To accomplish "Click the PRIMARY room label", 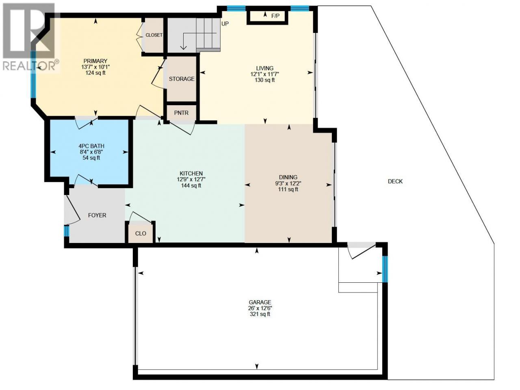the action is (x=95, y=61).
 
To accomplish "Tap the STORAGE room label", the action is (x=182, y=79).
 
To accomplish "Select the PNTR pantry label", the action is (x=181, y=113).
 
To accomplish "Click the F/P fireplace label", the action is (x=275, y=16).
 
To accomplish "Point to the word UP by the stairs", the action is (x=225, y=24).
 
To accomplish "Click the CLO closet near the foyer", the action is (x=141, y=234).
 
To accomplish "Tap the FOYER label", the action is (x=97, y=215).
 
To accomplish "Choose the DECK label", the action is (x=395, y=181).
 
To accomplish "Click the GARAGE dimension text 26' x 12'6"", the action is (x=260, y=308).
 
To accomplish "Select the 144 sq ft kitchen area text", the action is (x=191, y=186).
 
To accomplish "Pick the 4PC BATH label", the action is (x=91, y=146).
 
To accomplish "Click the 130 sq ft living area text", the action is (x=265, y=80).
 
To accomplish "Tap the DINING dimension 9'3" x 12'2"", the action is (x=288, y=183).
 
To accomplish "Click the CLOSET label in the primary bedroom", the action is (x=154, y=35).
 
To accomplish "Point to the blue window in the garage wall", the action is (x=385, y=269).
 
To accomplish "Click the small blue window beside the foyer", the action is (x=67, y=231).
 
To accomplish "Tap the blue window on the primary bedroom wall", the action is (x=33, y=74).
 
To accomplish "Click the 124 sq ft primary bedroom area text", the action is (x=95, y=73).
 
